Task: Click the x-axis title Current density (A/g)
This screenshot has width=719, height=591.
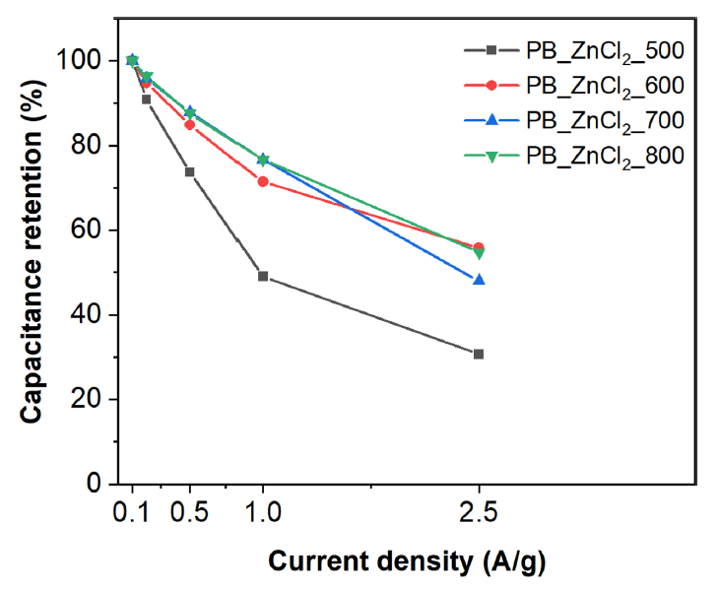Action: click(x=404, y=561)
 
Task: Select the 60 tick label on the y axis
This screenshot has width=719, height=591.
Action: click(x=89, y=230)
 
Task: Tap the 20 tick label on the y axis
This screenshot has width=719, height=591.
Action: click(x=89, y=400)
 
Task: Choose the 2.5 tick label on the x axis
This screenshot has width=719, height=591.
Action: click(x=479, y=514)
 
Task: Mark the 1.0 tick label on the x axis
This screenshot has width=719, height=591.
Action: click(x=263, y=514)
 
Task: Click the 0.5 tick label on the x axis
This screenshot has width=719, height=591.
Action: click(x=190, y=514)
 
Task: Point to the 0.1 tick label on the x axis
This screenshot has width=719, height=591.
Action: click(x=133, y=514)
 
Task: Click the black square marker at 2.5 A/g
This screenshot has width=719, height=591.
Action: click(x=479, y=354)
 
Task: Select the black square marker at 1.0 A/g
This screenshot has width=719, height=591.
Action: click(x=263, y=276)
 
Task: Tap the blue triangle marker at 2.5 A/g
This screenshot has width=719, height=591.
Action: click(x=479, y=280)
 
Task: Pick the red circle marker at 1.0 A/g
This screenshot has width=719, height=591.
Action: click(x=263, y=181)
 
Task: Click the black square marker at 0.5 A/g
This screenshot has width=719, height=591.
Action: click(x=190, y=171)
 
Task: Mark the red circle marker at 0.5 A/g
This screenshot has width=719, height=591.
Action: click(x=190, y=125)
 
